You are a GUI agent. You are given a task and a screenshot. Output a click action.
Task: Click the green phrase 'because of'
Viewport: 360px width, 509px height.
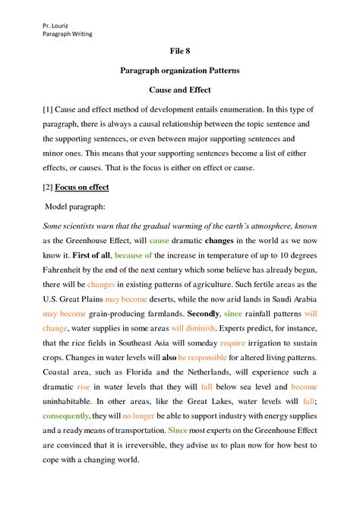[134, 256]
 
